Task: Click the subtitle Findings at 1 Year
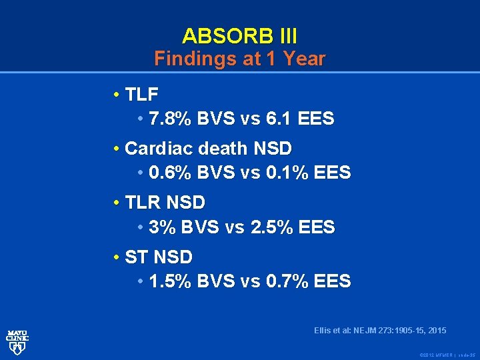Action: pos(239,59)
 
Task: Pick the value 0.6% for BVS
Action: pos(171,173)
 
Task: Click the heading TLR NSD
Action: pos(165,201)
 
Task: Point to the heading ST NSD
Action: pos(159,256)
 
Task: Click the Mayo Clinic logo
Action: pos(17,340)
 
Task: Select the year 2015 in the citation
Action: pos(435,331)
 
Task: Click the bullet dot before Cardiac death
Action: pos(117,147)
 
